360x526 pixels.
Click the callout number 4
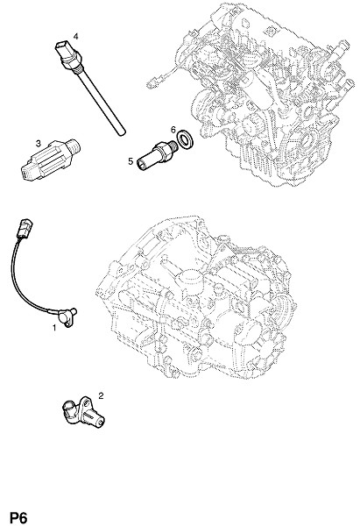[x=75, y=36]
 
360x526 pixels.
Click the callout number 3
[x=39, y=144]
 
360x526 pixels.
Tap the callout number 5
[x=131, y=161]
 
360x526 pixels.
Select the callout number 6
[x=173, y=129]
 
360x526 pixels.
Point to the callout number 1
[x=54, y=327]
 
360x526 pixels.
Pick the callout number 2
[x=101, y=396]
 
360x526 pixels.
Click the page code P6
[x=18, y=517]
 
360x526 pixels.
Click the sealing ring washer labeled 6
[x=184, y=139]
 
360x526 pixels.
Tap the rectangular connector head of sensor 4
[x=62, y=49]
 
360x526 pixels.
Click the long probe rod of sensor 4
[x=102, y=103]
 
